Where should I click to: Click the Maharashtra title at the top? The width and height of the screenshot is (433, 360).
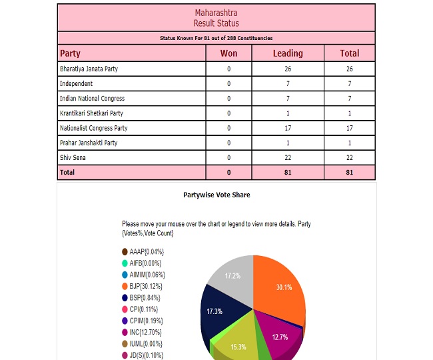click(x=216, y=13)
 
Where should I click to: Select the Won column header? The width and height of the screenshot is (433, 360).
click(x=228, y=53)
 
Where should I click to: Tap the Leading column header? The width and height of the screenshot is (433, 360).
click(x=288, y=53)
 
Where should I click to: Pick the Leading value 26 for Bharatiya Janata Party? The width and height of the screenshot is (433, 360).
click(x=288, y=69)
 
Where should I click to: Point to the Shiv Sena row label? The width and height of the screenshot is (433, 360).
click(x=74, y=157)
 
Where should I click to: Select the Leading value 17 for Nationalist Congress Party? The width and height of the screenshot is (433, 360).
click(x=288, y=128)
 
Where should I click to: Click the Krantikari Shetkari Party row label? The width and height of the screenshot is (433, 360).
click(x=92, y=113)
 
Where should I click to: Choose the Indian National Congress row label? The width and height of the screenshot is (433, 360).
click(x=92, y=99)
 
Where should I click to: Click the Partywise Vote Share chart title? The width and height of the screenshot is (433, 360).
click(x=217, y=195)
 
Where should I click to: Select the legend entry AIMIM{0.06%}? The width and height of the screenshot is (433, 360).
click(x=147, y=275)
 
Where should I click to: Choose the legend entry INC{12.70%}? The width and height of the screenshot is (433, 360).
click(x=145, y=331)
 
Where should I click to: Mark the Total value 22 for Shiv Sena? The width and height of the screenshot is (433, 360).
click(x=349, y=157)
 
